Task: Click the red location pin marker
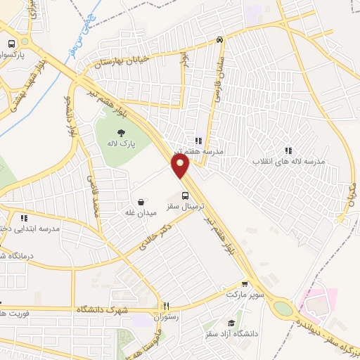[x=181, y=166]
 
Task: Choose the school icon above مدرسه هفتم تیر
[x=199, y=140]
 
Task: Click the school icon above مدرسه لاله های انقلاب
[x=288, y=150]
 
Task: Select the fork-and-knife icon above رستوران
[x=167, y=306]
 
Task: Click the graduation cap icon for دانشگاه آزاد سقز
[x=231, y=323]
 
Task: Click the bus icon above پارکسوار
[x=11, y=44]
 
